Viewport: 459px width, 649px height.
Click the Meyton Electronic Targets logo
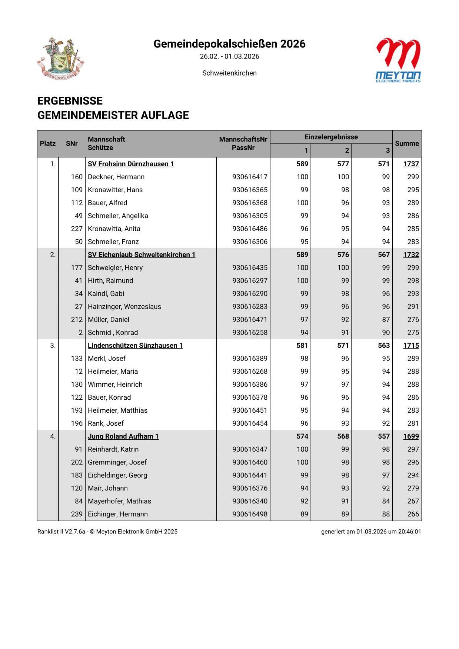tap(398, 60)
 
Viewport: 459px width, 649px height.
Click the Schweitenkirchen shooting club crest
tap(60, 58)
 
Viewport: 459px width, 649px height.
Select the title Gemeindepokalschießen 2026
tap(229, 44)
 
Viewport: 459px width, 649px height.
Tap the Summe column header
tap(407, 144)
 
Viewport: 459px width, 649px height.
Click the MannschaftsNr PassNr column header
tap(243, 144)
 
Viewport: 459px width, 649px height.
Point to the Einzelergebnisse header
tap(331, 137)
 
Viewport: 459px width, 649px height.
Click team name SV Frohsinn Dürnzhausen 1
tap(130, 164)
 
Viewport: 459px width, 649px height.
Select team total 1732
tap(411, 255)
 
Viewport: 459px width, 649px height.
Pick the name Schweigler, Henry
tap(115, 268)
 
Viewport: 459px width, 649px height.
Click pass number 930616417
tap(250, 177)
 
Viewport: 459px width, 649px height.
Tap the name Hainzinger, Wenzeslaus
tap(124, 307)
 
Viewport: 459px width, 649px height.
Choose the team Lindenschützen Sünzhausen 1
tap(135, 346)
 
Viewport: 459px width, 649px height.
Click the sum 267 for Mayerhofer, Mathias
tap(413, 501)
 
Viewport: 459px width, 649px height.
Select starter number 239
tap(77, 514)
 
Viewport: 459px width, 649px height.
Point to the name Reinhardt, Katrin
tap(113, 449)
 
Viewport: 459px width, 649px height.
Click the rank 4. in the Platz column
tap(53, 436)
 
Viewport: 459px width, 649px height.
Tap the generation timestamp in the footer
tap(371, 532)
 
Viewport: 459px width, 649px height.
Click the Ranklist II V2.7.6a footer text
tap(107, 532)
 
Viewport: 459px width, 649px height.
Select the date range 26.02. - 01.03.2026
tap(229, 57)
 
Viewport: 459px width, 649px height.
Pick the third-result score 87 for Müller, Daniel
tap(386, 320)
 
